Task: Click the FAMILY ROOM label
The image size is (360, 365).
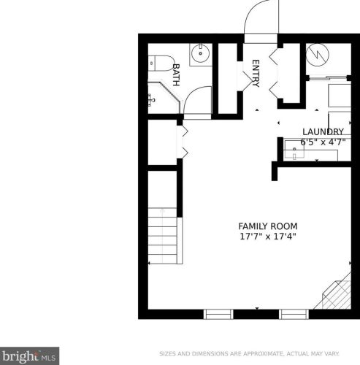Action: [268, 226]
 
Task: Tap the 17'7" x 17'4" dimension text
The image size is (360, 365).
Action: [268, 237]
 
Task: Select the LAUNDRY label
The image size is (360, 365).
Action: [323, 131]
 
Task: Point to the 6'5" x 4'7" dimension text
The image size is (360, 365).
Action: [323, 142]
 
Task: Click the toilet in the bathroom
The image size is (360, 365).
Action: [159, 63]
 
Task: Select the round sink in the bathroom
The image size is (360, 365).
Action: [199, 53]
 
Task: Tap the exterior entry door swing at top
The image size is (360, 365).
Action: [259, 18]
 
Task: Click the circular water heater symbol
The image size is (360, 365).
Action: [317, 54]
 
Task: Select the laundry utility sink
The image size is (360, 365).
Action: [299, 153]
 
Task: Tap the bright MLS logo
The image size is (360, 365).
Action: [29, 357]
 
